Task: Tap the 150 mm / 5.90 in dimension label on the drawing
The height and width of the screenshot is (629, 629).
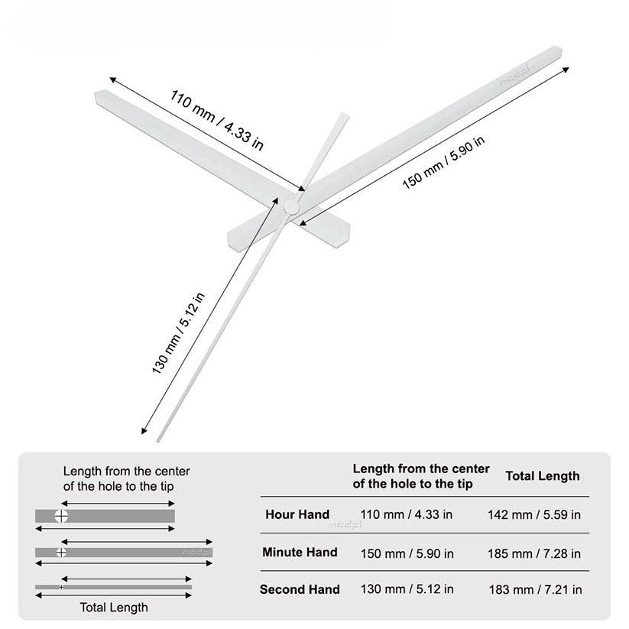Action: click(444, 164)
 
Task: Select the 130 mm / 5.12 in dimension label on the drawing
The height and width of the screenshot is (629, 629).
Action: click(178, 333)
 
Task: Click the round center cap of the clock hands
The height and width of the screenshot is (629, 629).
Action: click(290, 206)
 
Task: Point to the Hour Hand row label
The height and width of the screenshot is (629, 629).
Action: click(297, 514)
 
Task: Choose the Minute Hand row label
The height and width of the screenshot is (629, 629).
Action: click(300, 552)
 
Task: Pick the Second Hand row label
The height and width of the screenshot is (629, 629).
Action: click(300, 589)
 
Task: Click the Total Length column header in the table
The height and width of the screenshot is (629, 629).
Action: click(543, 476)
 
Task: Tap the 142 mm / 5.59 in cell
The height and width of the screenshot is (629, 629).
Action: click(534, 514)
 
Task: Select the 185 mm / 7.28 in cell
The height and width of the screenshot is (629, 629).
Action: click(534, 553)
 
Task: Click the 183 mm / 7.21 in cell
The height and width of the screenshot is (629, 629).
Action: click(535, 589)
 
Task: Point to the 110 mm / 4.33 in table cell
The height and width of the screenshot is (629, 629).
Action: click(406, 514)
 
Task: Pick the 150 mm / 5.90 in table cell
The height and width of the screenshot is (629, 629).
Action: click(406, 553)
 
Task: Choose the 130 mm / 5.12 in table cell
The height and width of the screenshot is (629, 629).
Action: click(406, 589)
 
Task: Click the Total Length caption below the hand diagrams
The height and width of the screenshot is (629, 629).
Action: click(114, 608)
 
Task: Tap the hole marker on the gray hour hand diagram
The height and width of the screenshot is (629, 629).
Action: click(61, 516)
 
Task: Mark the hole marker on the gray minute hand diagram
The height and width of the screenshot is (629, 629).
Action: click(61, 552)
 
